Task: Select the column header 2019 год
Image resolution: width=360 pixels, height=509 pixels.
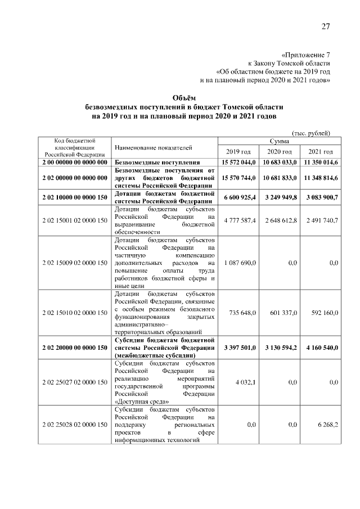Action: (x=238, y=152)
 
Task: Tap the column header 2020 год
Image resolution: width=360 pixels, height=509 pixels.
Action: (x=280, y=152)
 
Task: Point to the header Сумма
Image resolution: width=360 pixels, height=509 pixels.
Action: (x=280, y=141)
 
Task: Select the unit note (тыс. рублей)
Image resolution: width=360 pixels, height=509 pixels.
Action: (x=311, y=133)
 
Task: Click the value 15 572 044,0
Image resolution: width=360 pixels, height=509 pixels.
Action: (x=238, y=162)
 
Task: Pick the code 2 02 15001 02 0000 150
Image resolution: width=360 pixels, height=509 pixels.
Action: (x=75, y=220)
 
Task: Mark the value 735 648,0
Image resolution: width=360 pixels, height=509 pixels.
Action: (x=242, y=312)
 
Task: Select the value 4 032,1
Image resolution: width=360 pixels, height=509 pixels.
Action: (x=245, y=382)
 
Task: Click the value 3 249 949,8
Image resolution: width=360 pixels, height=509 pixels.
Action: (x=280, y=198)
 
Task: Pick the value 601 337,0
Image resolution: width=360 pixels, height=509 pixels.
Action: (x=283, y=312)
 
